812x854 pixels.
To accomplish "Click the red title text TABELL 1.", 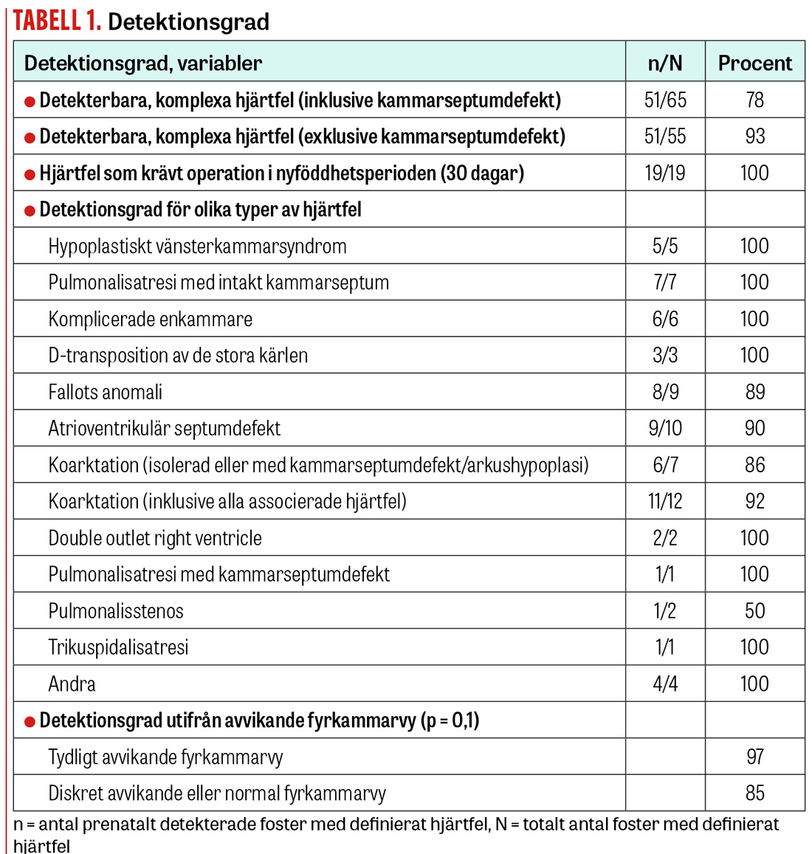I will point(57,21).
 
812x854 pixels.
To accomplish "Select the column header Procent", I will point(754,63).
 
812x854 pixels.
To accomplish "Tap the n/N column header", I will point(665,63).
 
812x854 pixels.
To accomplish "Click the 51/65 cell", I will point(665,100).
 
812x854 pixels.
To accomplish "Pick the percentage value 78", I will point(754,100).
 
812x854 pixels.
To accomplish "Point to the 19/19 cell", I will point(665,173).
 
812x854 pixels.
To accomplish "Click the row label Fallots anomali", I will point(106,392).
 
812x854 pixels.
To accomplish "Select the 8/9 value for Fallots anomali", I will point(665,392).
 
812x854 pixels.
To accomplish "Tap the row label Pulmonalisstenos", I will point(116,611).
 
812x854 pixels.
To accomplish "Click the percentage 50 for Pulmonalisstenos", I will point(754,611).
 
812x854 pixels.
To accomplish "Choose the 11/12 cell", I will point(665,502).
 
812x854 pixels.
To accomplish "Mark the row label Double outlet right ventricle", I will point(155,538).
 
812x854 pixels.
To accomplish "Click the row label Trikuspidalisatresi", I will point(118,647).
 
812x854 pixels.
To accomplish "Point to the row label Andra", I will point(72,684).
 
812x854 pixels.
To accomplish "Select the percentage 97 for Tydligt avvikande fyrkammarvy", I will point(754,757).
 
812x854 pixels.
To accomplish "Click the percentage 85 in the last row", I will point(754,793).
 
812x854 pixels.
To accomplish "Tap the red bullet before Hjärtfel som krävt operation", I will point(30,175).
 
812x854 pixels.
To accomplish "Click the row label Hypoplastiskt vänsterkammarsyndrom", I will point(197,247).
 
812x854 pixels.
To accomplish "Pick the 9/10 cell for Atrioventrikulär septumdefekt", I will point(665,429).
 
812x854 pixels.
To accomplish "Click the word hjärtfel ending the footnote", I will point(42,845).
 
